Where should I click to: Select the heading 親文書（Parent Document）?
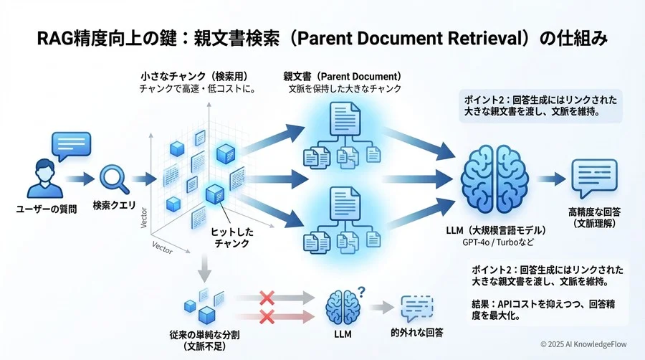(342, 76)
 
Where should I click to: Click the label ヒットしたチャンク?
(231, 238)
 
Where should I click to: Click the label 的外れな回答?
(416, 333)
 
